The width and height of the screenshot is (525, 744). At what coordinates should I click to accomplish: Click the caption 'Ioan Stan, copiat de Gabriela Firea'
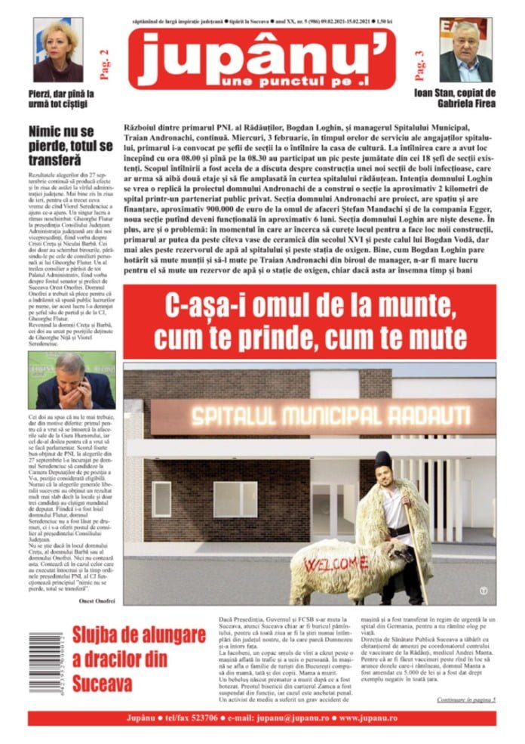466,97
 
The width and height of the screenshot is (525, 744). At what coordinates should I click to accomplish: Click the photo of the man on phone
72,381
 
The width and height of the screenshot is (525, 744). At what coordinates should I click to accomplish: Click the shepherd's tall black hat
383,458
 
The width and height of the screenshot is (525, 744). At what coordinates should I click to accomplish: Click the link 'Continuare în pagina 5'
465,700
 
